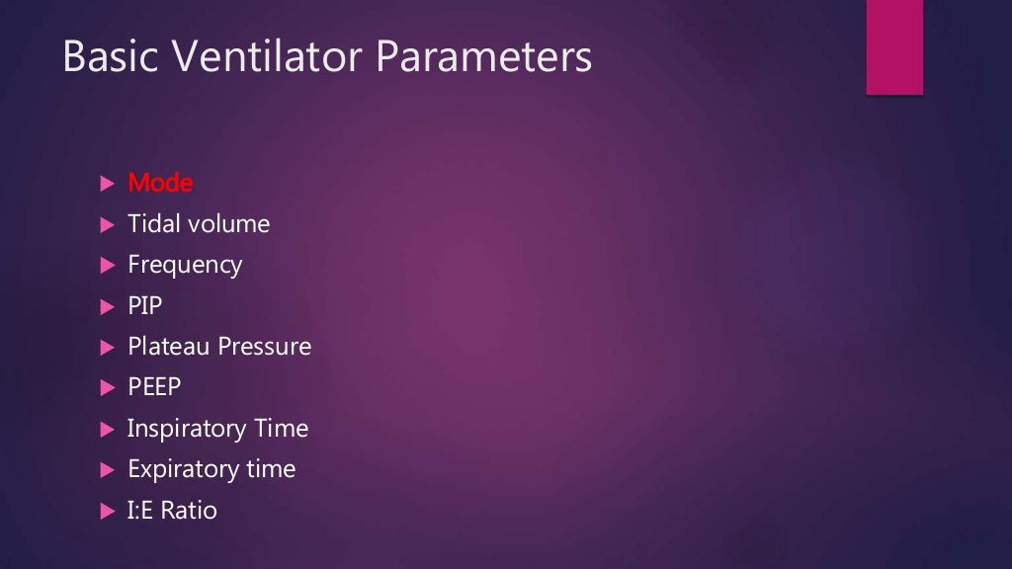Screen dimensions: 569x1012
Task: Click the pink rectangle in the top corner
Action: [894, 46]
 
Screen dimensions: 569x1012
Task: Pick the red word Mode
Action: [160, 183]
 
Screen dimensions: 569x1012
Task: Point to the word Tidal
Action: [153, 224]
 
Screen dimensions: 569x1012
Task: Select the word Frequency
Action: [185, 266]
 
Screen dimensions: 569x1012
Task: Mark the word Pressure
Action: [265, 347]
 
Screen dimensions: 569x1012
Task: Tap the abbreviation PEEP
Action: [156, 387]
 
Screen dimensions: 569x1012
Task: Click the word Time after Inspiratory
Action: [281, 429]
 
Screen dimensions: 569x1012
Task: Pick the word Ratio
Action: [190, 511]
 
